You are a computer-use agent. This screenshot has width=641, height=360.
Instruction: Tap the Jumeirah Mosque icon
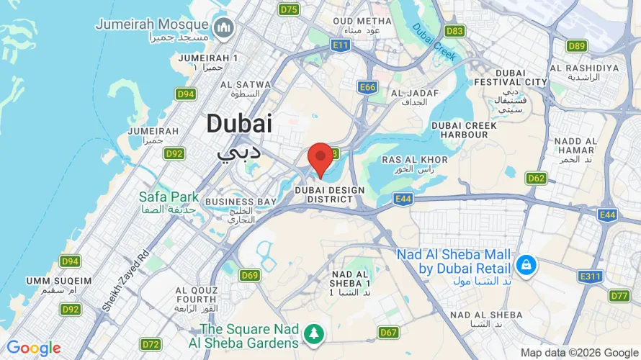pyautogui.click(x=225, y=27)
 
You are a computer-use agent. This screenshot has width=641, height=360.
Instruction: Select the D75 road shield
pyautogui.click(x=290, y=9)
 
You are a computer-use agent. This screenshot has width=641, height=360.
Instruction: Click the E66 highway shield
pyautogui.click(x=368, y=87)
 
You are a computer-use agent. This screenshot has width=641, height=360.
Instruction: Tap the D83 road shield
pyautogui.click(x=454, y=31)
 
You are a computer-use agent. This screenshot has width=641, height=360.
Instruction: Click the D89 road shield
pyautogui.click(x=576, y=46)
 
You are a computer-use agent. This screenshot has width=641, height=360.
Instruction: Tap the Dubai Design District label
pyautogui.click(x=331, y=194)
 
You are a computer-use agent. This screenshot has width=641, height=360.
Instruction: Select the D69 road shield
pyautogui.click(x=250, y=275)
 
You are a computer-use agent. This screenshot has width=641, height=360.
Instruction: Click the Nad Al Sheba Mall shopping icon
pyautogui.click(x=527, y=264)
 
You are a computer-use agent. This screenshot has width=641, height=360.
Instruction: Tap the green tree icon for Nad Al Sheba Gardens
pyautogui.click(x=314, y=334)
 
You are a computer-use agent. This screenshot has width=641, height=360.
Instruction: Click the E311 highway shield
pyautogui.click(x=590, y=276)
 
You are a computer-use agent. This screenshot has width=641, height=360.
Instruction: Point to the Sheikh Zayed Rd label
pyautogui.click(x=125, y=282)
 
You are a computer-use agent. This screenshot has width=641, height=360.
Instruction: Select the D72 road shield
pyautogui.click(x=151, y=344)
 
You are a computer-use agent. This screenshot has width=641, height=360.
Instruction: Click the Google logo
pyautogui.click(x=33, y=348)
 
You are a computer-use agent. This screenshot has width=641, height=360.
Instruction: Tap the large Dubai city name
pyautogui.click(x=239, y=124)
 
